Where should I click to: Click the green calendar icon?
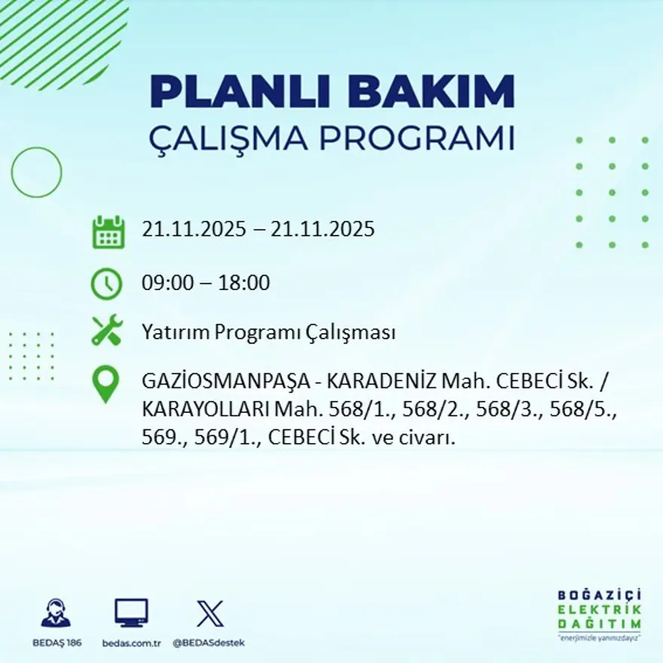(x=108, y=232)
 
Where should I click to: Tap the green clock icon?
(x=106, y=284)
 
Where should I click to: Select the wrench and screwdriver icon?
(x=106, y=331)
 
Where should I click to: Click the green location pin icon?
(x=106, y=384)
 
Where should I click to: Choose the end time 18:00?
(x=244, y=283)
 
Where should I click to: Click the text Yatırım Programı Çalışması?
(x=268, y=333)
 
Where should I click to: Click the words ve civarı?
(x=423, y=437)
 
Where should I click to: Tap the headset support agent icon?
(x=56, y=613)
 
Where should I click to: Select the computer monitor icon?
(x=131, y=613)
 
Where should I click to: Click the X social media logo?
(x=209, y=613)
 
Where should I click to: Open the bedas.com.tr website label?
(x=131, y=643)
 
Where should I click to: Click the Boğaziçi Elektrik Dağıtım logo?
(x=600, y=613)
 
